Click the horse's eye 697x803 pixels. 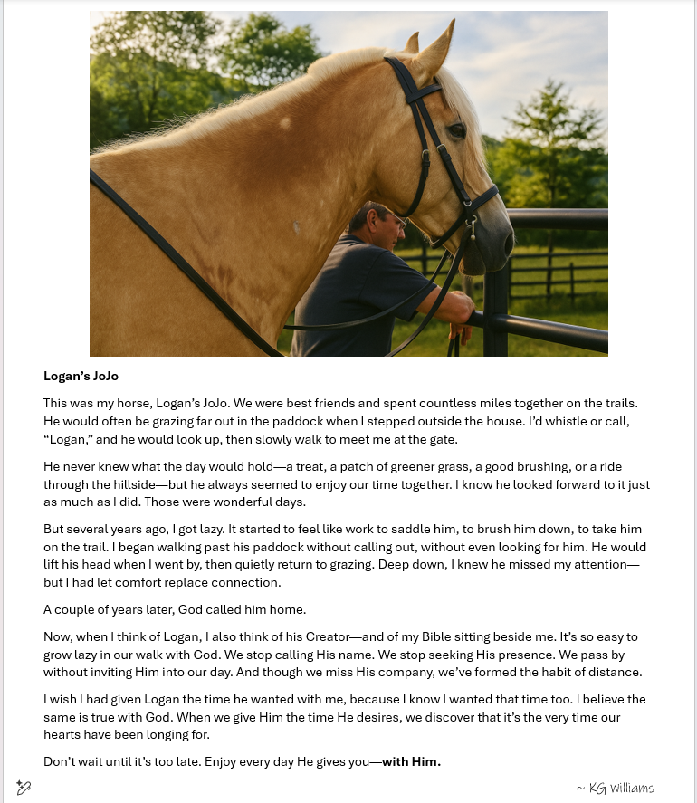coord(457,132)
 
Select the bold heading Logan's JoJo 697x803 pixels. coord(81,376)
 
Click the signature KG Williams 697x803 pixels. coord(616,788)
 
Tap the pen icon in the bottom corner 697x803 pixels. coord(24,788)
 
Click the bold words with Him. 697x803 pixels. coord(411,761)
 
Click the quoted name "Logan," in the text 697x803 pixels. coord(68,439)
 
